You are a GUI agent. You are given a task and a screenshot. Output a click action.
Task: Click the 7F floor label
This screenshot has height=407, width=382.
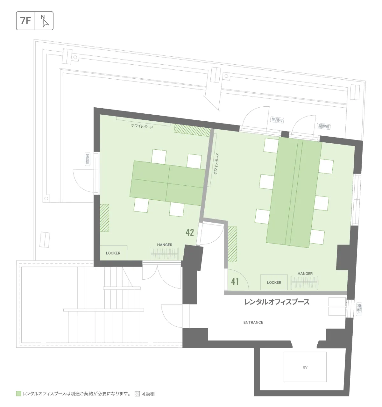coord(25,21)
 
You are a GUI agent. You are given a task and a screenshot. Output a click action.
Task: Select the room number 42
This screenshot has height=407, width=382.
coord(189,232)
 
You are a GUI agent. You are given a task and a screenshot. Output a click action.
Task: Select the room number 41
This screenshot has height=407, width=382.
coord(235,282)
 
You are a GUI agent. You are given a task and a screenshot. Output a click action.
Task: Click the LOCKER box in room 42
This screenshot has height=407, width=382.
coord(113,253)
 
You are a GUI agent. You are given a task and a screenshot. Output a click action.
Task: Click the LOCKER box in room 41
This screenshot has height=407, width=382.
coord(274,282)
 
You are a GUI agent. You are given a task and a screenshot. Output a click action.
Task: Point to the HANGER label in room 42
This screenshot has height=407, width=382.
coord(165,245)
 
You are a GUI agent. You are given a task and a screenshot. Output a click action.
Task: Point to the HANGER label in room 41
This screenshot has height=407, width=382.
coord(305,273)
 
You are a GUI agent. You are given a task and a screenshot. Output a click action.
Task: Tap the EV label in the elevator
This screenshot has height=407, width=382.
coord(305,368)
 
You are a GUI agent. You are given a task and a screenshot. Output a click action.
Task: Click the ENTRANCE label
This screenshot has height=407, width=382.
coord(253,322)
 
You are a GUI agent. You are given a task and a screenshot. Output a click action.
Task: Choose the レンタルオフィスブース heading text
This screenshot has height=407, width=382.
coord(277,302)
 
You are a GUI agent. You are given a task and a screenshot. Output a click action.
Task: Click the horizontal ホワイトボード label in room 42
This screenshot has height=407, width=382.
coord(142,126)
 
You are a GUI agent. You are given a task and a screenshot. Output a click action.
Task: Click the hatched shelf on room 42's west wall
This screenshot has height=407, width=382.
coord(104,218)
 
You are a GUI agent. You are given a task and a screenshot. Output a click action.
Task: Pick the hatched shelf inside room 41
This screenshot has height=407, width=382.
coord(232,244)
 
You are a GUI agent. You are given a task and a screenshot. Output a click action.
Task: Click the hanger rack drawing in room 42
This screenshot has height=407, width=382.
coord(164,254)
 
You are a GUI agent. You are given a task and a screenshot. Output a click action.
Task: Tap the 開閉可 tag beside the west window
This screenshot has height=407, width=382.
coord(88,159)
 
